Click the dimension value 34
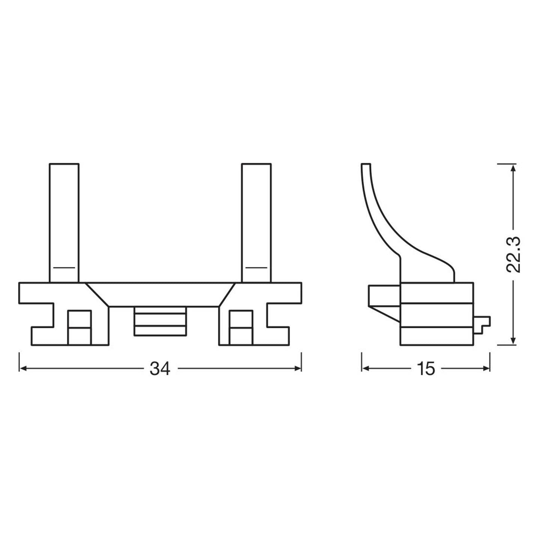click(160, 369)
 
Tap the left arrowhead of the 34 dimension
click(23, 369)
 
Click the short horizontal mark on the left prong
click(64, 268)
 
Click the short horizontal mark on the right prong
click(257, 268)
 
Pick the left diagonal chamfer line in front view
click(98, 295)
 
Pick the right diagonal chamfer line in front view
click(227, 295)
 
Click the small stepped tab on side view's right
click(482, 323)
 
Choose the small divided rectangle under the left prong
click(79, 327)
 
